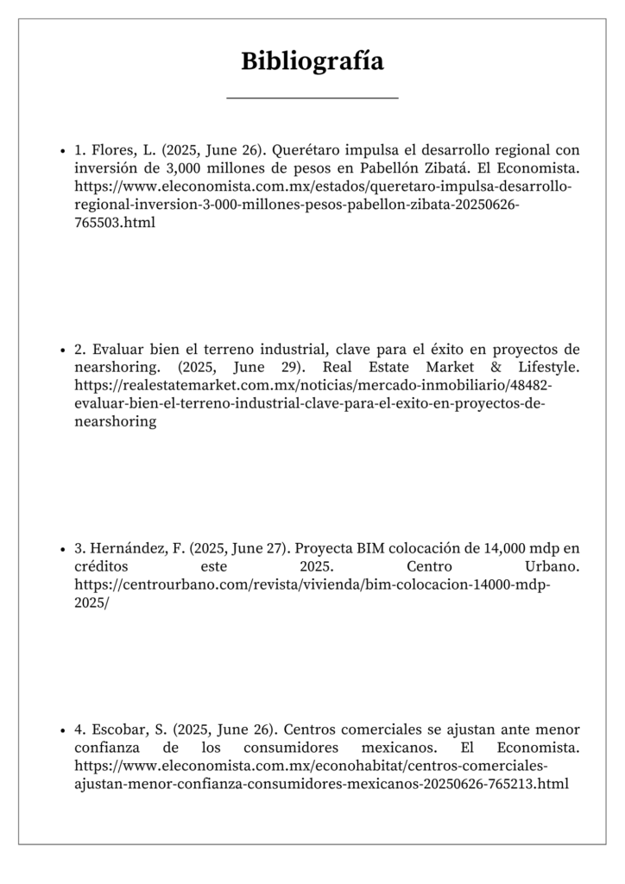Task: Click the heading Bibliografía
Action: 312,61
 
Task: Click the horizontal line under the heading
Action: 312,98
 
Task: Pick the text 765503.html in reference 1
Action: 115,224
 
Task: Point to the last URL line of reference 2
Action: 115,423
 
